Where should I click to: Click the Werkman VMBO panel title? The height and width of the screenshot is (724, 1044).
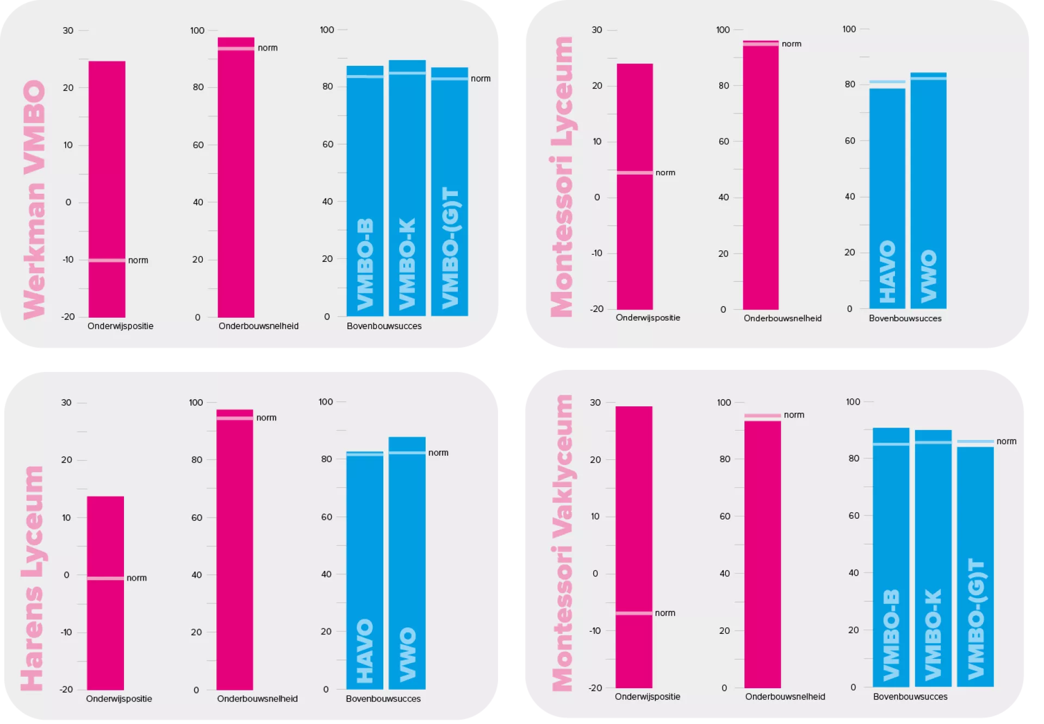34,200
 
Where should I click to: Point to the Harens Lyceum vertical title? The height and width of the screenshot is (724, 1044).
32,578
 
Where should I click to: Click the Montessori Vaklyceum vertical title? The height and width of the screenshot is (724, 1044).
563,543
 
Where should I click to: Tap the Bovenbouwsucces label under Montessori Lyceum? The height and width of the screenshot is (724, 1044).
905,318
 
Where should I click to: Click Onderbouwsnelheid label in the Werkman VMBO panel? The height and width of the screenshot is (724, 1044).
258,326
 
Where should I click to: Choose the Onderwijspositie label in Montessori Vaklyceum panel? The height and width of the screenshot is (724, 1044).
647,696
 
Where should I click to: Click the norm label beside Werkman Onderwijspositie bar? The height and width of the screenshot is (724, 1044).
138,260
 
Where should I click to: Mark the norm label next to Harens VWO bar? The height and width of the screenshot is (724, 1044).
438,452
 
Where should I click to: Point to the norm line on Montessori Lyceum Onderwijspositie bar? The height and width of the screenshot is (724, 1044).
635,173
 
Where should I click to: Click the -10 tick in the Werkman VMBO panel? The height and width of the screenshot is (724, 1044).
67,260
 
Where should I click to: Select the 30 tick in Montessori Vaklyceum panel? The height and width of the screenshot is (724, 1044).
595,402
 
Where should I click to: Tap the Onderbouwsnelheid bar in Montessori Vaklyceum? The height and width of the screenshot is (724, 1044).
762,554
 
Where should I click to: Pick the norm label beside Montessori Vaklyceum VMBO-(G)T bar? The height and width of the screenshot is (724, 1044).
1006,441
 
